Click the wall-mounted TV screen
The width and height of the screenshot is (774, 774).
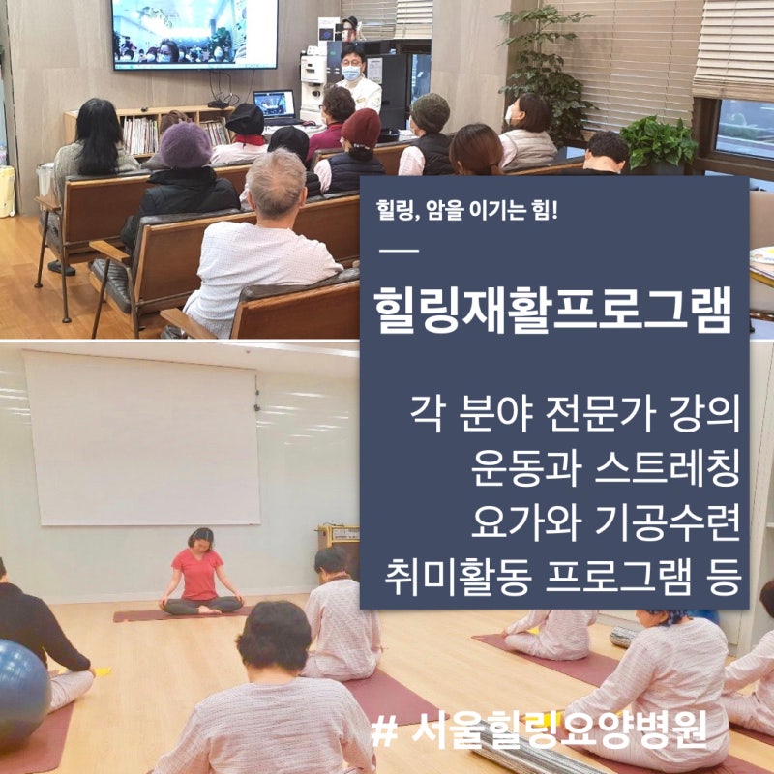[194, 34]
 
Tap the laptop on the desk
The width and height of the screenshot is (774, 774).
[275, 107]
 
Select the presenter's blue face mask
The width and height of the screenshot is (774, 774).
[351, 74]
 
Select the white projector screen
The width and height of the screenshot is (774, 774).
[142, 438]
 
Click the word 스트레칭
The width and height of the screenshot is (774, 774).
[667, 469]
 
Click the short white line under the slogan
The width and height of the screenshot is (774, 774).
[399, 251]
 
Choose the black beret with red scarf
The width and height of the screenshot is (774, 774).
[246, 125]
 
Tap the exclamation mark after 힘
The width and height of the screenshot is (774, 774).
[553, 209]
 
